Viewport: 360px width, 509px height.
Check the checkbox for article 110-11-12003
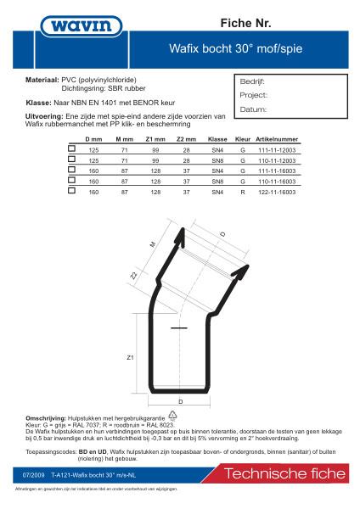tap(72, 159)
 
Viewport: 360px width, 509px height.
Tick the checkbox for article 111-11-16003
tap(72, 170)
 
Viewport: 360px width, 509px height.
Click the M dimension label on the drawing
tap(153, 244)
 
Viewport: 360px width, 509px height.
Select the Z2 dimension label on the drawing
tap(134, 275)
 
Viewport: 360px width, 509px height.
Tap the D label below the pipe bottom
tap(180, 400)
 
